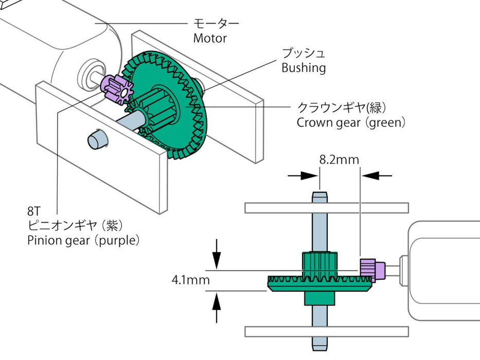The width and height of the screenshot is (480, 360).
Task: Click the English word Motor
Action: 210,38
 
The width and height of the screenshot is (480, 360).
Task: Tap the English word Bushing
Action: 304,68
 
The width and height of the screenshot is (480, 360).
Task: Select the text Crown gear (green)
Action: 351,123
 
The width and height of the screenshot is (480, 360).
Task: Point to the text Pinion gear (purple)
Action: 83,240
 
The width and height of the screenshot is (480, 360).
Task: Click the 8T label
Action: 33,211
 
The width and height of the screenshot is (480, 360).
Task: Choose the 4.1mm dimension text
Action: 191,280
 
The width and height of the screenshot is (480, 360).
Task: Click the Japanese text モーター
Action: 216,24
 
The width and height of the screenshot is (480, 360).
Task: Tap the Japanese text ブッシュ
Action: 303,53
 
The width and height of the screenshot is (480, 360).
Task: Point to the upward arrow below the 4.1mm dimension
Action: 217,307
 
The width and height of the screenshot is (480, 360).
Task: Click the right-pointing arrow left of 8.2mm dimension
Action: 304,175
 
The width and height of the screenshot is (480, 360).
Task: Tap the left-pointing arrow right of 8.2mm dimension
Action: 377,175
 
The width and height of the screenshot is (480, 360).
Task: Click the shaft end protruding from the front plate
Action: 96,139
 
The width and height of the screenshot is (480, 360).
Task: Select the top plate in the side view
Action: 327,208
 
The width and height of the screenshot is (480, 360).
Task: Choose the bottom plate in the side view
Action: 327,331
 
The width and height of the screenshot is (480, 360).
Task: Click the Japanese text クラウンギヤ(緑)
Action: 342,107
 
